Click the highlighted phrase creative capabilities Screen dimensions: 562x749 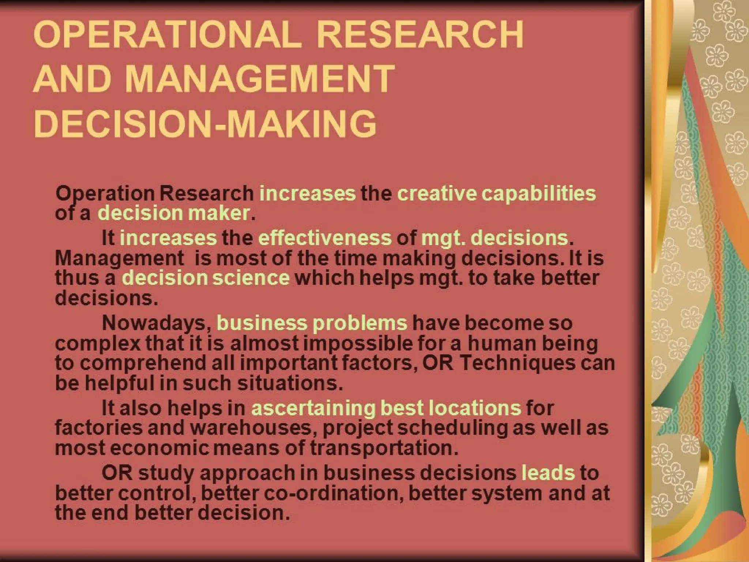(x=496, y=193)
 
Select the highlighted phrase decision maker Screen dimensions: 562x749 (x=174, y=213)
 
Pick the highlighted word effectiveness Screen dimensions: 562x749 (x=325, y=238)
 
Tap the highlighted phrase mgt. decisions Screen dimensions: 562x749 (x=495, y=238)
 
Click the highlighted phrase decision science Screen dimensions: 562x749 (x=206, y=278)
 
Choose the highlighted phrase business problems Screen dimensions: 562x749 (x=312, y=323)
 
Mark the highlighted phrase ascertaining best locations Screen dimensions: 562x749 (x=386, y=408)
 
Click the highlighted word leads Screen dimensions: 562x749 (x=548, y=472)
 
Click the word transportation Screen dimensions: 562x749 (x=384, y=448)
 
